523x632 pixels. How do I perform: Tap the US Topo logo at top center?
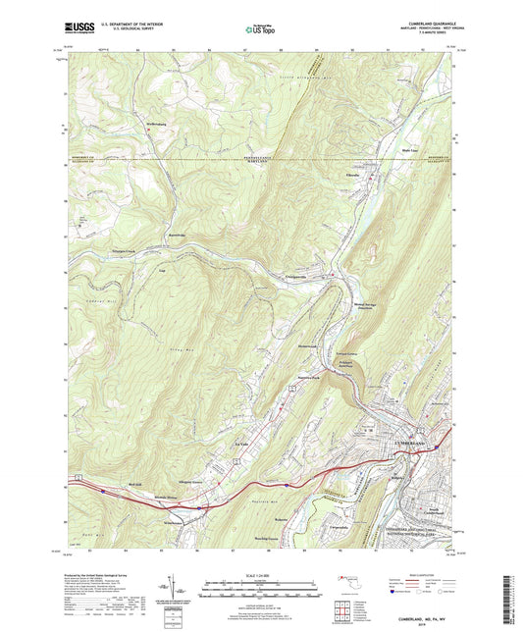[x=259, y=31]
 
